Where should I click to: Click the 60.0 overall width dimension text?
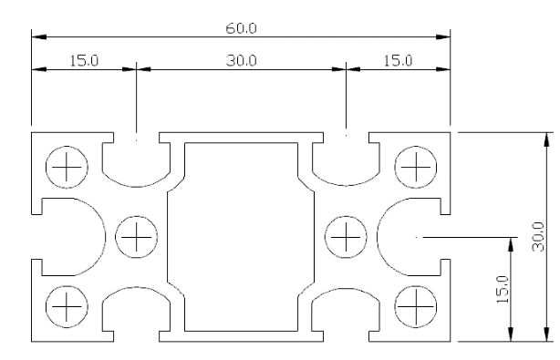[x=241, y=28]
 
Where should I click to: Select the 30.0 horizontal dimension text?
[x=241, y=60]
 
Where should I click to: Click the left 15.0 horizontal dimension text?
[x=84, y=60]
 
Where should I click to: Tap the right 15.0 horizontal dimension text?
[x=398, y=60]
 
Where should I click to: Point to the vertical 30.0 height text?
[x=538, y=237]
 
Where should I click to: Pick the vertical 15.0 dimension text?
[x=503, y=289]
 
